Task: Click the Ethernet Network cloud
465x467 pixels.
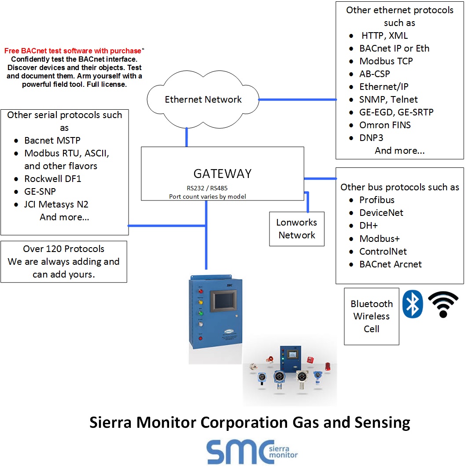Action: pos(203,100)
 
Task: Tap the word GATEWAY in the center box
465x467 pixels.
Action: pos(222,174)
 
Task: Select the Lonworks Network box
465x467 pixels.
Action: pos(297,229)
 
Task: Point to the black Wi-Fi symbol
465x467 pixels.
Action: pos(443,304)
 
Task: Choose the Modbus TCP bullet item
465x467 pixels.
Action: pos(386,61)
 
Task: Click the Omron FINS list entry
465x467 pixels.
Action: pos(385,125)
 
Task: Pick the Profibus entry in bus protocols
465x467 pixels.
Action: pos(376,200)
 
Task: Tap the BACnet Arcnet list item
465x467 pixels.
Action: pos(390,264)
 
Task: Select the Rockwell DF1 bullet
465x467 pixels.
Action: pos(53,179)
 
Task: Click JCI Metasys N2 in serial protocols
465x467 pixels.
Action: pos(56,204)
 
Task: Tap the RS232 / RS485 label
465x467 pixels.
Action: pos(207,188)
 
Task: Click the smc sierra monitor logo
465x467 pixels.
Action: pos(252,452)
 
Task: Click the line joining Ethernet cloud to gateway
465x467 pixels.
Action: pos(187,137)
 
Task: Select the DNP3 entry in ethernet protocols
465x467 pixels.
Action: pos(371,138)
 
